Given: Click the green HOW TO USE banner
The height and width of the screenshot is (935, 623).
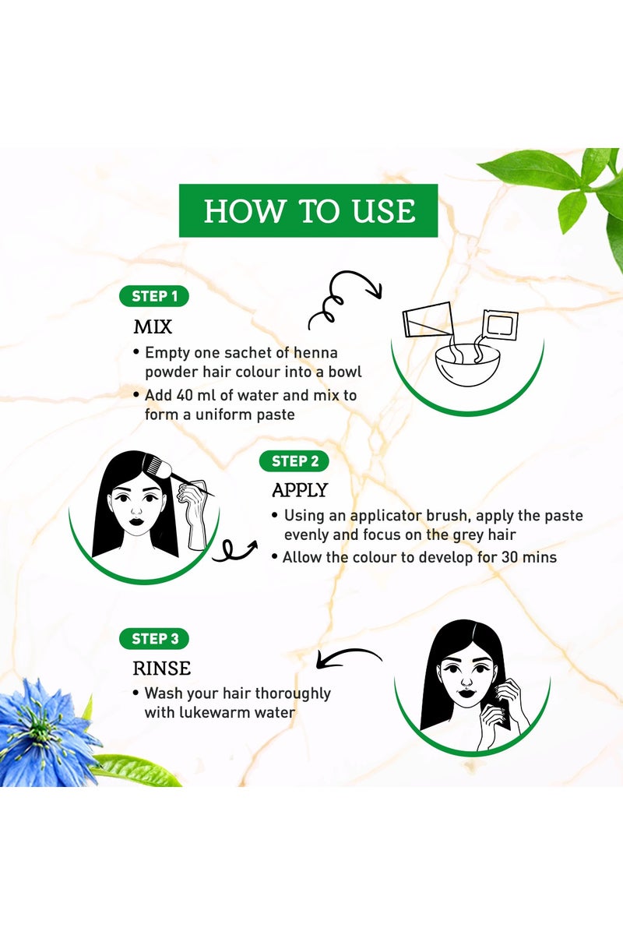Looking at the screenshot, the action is tap(308, 210).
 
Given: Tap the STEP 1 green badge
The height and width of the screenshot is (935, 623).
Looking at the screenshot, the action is tap(154, 296).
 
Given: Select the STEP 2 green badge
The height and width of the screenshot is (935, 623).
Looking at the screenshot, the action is tap(294, 461).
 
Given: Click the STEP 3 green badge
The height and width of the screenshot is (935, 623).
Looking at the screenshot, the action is tap(154, 639).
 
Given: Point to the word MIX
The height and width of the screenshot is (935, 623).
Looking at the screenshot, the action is tap(153, 326).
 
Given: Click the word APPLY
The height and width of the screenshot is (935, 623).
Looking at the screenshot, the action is tap(300, 490).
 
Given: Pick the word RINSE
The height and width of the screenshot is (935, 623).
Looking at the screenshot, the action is tap(162, 669).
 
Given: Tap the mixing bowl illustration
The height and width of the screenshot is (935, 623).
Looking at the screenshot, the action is tap(467, 364).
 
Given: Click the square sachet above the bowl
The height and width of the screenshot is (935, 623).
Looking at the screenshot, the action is tap(500, 323).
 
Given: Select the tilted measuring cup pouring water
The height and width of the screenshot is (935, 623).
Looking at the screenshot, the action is tap(428, 319).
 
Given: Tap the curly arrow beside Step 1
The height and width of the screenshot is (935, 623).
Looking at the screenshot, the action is tap(345, 300).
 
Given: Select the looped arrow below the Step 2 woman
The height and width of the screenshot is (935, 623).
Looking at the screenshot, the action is tap(234, 550).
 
